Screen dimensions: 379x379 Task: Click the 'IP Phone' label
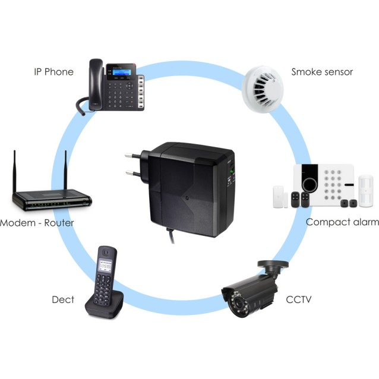point(53,72)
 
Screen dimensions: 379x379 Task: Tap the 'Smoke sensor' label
point(322,72)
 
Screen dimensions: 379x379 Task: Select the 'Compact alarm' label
point(342,222)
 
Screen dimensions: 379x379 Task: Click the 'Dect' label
point(63,299)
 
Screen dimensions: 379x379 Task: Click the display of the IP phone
point(122,73)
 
